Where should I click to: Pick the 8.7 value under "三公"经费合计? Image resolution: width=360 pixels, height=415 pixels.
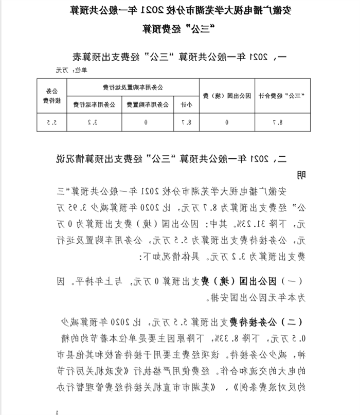point(282,122)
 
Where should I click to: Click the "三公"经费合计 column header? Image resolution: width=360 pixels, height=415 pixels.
point(282,95)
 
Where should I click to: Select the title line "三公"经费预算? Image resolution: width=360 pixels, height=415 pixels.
point(179,29)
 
